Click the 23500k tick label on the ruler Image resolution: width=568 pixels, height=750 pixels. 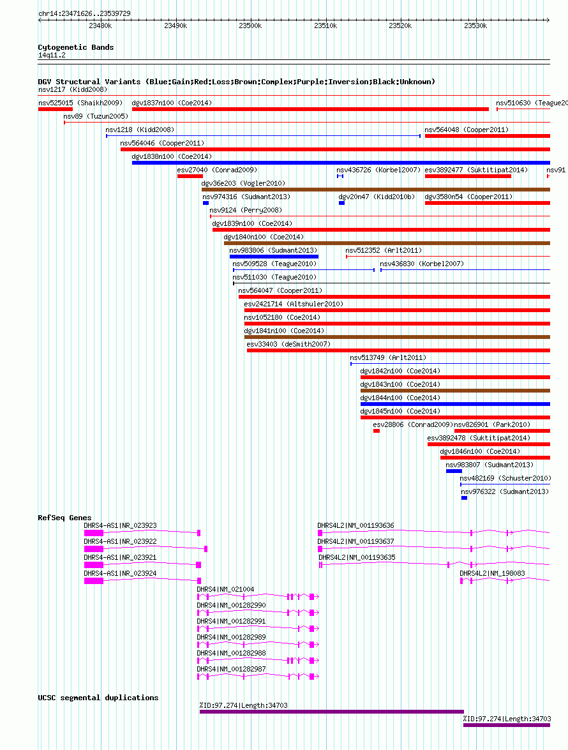pyautogui.click(x=250, y=26)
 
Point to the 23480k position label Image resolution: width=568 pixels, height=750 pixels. pyautogui.click(x=100, y=26)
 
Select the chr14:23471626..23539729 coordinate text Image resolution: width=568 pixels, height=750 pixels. pyautogui.click(x=84, y=13)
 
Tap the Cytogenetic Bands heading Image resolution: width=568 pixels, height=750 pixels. pyautogui.click(x=75, y=47)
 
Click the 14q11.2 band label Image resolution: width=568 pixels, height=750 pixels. pyautogui.click(x=52, y=55)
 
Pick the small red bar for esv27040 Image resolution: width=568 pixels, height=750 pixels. pyautogui.click(x=190, y=177)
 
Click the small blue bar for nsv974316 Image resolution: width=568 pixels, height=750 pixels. pyautogui.click(x=206, y=203)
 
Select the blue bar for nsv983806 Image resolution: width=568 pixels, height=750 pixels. pyautogui.click(x=274, y=257)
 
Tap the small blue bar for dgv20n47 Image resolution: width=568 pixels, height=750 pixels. pyautogui.click(x=341, y=203)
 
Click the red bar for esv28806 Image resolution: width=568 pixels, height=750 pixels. pyautogui.click(x=377, y=431)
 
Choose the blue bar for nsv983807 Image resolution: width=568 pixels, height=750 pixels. pyautogui.click(x=454, y=471)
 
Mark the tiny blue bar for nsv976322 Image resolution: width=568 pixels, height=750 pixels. pyautogui.click(x=464, y=498)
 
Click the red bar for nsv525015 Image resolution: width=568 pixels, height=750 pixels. pyautogui.click(x=55, y=109)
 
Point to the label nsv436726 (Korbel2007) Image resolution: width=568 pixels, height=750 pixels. pyautogui.click(x=378, y=170)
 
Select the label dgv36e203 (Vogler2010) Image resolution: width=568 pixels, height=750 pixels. pyautogui.click(x=243, y=183)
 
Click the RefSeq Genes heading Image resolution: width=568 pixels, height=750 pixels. pyautogui.click(x=64, y=518)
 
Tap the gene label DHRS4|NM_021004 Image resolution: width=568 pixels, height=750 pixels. pyautogui.click(x=226, y=589)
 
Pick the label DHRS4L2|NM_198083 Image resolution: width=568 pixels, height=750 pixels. pyautogui.click(x=492, y=573)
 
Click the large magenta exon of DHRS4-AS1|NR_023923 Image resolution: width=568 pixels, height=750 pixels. pyautogui.click(x=94, y=533)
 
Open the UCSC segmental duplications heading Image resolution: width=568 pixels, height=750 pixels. pyautogui.click(x=98, y=698)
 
